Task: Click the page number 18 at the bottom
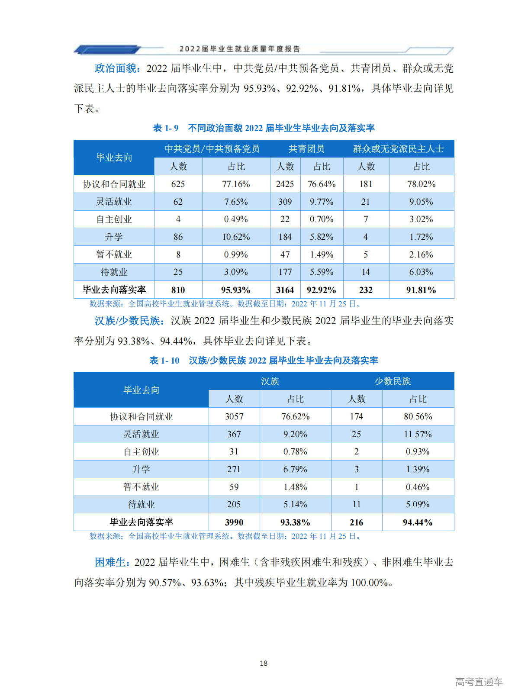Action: coord(264,663)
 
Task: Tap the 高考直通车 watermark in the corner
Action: coord(479,682)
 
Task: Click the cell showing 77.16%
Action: coord(236,184)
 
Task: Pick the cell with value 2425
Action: coord(285,184)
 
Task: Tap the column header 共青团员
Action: coord(306,149)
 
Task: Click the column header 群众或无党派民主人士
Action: coord(398,149)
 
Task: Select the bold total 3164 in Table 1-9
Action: coord(285,290)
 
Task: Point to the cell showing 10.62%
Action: coord(236,237)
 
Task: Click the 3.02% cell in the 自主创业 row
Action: coord(421,219)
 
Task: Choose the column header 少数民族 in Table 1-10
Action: coord(393,381)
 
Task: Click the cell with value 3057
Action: coord(234,416)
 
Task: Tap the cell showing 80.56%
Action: coord(418,416)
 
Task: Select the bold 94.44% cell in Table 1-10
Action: coord(418,522)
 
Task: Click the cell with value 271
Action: coord(234,469)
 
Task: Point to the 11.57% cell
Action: coord(418,434)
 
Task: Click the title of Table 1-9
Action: coord(264,128)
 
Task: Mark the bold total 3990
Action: coord(234,522)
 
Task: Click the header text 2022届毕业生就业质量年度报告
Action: coord(240,49)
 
